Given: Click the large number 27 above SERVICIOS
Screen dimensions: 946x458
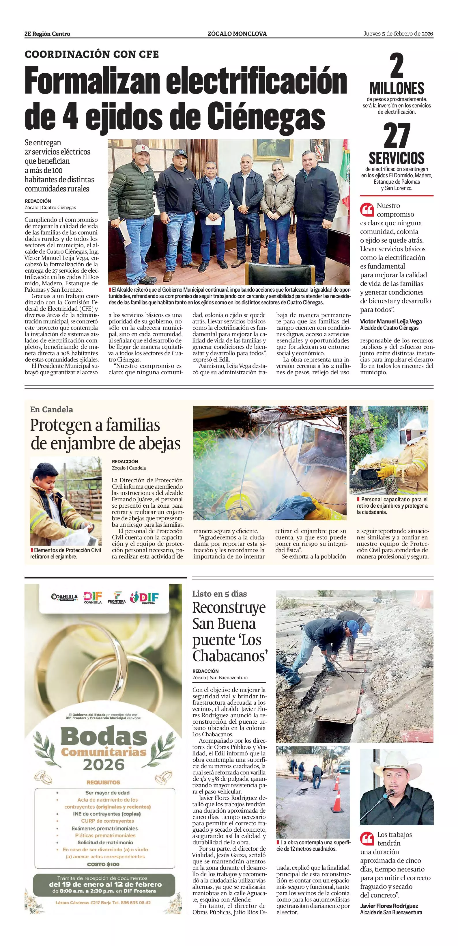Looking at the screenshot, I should point(397,136).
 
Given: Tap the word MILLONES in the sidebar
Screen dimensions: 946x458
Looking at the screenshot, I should point(397,88).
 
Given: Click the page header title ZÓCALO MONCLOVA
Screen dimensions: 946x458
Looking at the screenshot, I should point(237,34).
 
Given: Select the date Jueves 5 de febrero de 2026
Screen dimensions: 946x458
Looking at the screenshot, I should point(398,34).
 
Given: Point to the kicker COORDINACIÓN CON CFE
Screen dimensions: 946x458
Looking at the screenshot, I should point(92,54).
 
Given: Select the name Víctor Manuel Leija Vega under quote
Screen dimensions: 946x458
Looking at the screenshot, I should point(391,321).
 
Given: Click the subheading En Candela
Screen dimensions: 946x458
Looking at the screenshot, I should point(51,409).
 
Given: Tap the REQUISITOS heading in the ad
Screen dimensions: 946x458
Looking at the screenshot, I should point(103,783).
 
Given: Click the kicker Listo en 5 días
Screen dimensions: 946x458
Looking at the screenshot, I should point(219,594).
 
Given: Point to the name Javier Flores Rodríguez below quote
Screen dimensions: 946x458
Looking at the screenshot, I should point(389,906).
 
